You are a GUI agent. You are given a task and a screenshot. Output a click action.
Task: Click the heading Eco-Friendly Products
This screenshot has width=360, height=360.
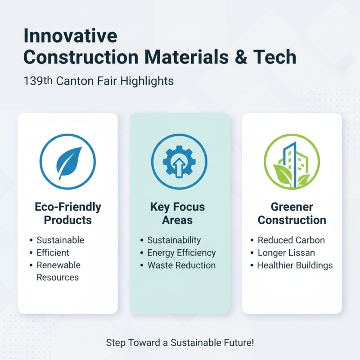click(x=67, y=214)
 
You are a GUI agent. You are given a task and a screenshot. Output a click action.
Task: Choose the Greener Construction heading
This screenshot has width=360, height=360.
click(x=292, y=214)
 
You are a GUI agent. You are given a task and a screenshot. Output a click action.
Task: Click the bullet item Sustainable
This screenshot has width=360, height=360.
click(x=60, y=240)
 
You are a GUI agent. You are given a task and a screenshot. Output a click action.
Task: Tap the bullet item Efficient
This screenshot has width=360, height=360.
click(x=53, y=252)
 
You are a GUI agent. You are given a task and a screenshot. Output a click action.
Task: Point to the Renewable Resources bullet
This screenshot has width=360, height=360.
click(x=58, y=271)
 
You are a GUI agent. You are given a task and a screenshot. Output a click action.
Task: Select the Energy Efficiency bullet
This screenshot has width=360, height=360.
click(x=181, y=253)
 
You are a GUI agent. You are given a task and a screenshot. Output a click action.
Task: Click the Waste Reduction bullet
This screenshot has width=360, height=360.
click(x=181, y=265)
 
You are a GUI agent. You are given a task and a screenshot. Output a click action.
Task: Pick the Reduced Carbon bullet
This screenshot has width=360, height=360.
click(x=291, y=240)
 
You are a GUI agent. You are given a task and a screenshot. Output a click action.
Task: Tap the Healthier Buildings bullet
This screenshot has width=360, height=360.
click(x=295, y=265)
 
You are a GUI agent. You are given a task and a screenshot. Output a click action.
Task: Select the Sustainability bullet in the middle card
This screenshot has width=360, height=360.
click(x=174, y=240)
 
